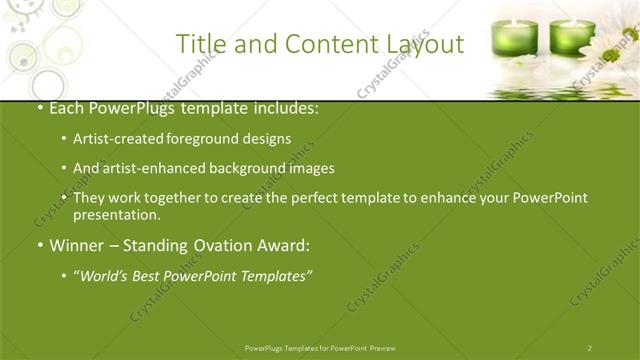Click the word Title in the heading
(198, 44)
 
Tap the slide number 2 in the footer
(590, 348)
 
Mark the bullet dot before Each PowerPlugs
(39, 108)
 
